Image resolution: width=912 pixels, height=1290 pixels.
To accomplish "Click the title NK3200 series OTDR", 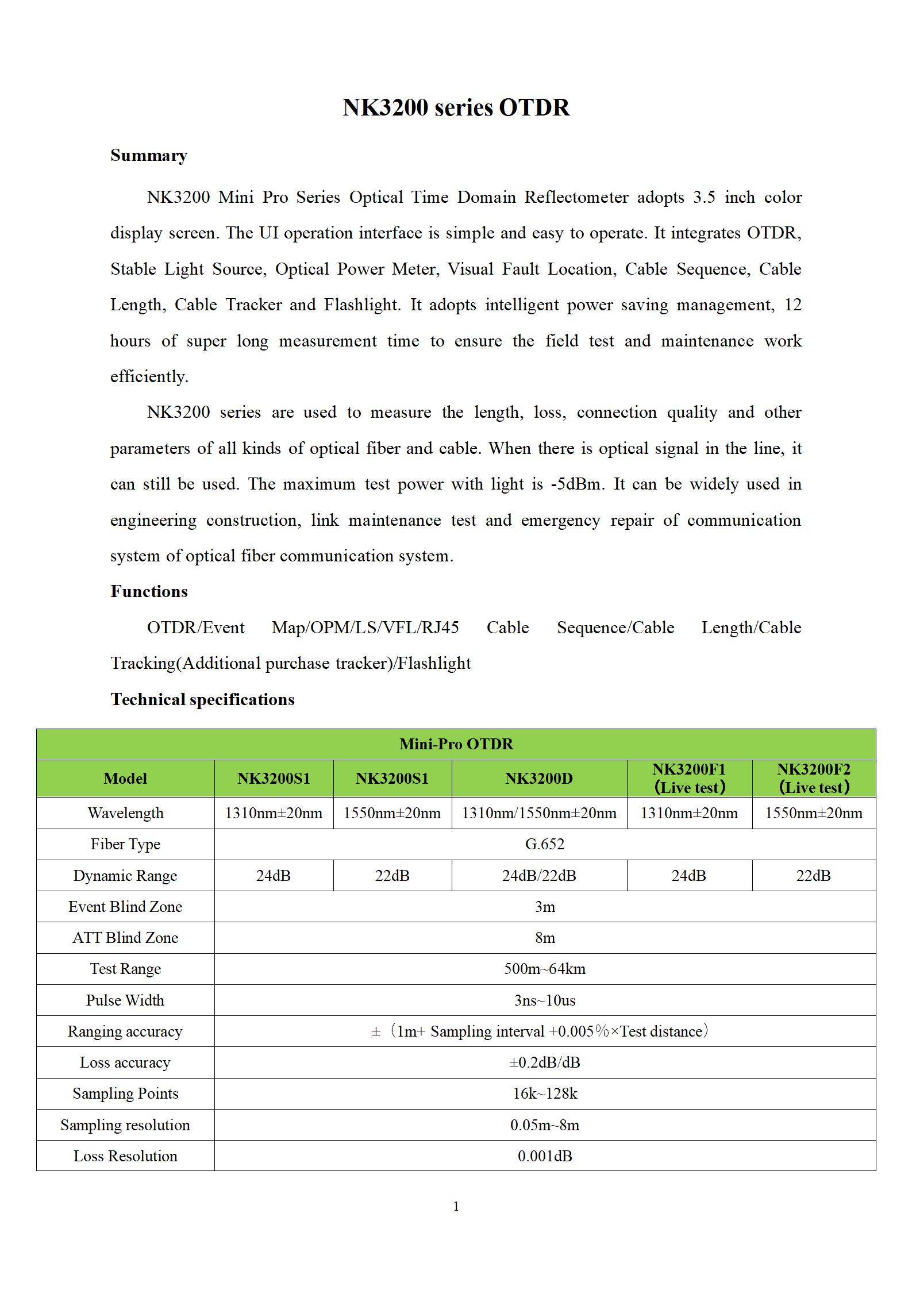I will [456, 107].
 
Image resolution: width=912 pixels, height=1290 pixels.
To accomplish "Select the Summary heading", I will [149, 156].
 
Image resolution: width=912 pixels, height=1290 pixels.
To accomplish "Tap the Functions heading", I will [149, 591].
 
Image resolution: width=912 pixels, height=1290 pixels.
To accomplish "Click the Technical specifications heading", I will [202, 699].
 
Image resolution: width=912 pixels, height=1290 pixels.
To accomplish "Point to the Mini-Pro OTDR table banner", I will [456, 744].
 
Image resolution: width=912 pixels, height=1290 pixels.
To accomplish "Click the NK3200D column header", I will [538, 779].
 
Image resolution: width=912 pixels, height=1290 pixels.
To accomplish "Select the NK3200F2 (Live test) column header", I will [813, 779].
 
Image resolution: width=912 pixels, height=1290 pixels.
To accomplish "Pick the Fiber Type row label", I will [125, 844].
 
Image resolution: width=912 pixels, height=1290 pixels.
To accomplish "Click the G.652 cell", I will [544, 844].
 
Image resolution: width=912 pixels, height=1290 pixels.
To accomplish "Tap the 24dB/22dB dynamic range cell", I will [538, 876].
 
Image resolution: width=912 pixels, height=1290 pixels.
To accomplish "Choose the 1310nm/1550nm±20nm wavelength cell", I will [538, 813].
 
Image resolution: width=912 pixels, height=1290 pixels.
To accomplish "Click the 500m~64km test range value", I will [544, 969].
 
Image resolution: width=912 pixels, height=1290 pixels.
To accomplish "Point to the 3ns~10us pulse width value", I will [544, 1000].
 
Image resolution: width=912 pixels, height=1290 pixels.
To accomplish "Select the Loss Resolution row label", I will [125, 1156].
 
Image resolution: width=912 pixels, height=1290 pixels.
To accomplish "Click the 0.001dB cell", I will [544, 1156].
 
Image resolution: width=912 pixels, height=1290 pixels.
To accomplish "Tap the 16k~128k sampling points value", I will [544, 1093].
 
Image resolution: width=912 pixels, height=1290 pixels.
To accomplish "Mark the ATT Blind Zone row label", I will [125, 938].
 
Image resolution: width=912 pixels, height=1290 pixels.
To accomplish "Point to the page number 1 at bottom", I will [456, 1207].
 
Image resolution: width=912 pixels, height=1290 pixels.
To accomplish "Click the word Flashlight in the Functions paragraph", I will [434, 664].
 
